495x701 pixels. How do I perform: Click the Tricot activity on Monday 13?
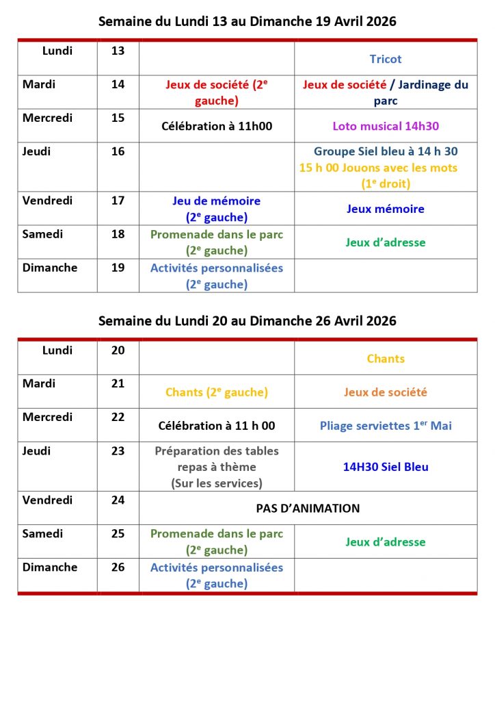[386, 60]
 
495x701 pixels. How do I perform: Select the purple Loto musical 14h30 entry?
[386, 127]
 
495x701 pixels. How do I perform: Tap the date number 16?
[118, 151]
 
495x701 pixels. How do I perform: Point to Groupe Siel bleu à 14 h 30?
[386, 151]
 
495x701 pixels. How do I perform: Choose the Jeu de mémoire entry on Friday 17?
[216, 201]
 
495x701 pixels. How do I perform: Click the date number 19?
[118, 268]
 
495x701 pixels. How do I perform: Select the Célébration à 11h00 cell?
[216, 127]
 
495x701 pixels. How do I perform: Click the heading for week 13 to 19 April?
[247, 22]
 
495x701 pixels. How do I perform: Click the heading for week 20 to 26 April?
[247, 321]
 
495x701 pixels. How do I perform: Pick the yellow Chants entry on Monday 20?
[386, 359]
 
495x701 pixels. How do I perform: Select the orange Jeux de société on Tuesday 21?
[386, 392]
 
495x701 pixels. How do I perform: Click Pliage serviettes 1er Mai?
[386, 426]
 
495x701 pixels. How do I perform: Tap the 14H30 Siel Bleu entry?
[386, 467]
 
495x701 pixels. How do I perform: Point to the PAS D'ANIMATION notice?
[308, 509]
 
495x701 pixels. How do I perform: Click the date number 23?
[118, 451]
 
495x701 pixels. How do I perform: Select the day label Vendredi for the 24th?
[47, 500]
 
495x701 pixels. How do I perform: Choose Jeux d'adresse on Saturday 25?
[386, 542]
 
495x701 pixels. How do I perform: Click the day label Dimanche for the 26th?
[50, 568]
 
